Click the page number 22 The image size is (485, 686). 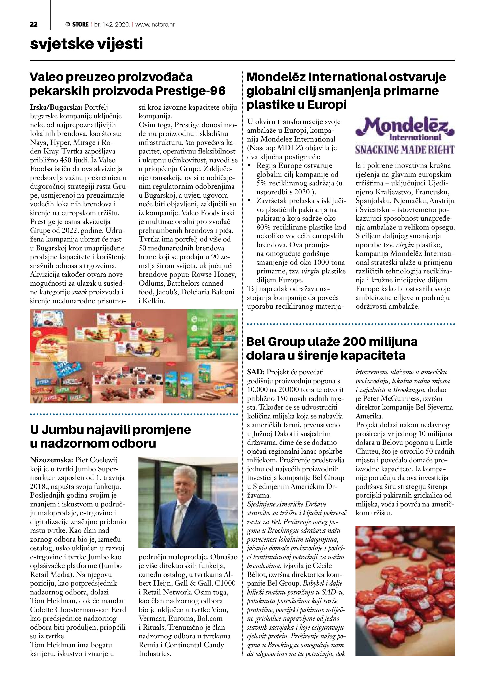click(34, 24)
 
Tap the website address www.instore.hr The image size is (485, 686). click(155, 24)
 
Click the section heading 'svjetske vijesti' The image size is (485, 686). click(86, 44)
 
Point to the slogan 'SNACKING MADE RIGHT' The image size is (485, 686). click(405, 150)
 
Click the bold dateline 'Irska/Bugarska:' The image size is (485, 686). click(56, 107)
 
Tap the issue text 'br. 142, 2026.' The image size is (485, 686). click(112, 24)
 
